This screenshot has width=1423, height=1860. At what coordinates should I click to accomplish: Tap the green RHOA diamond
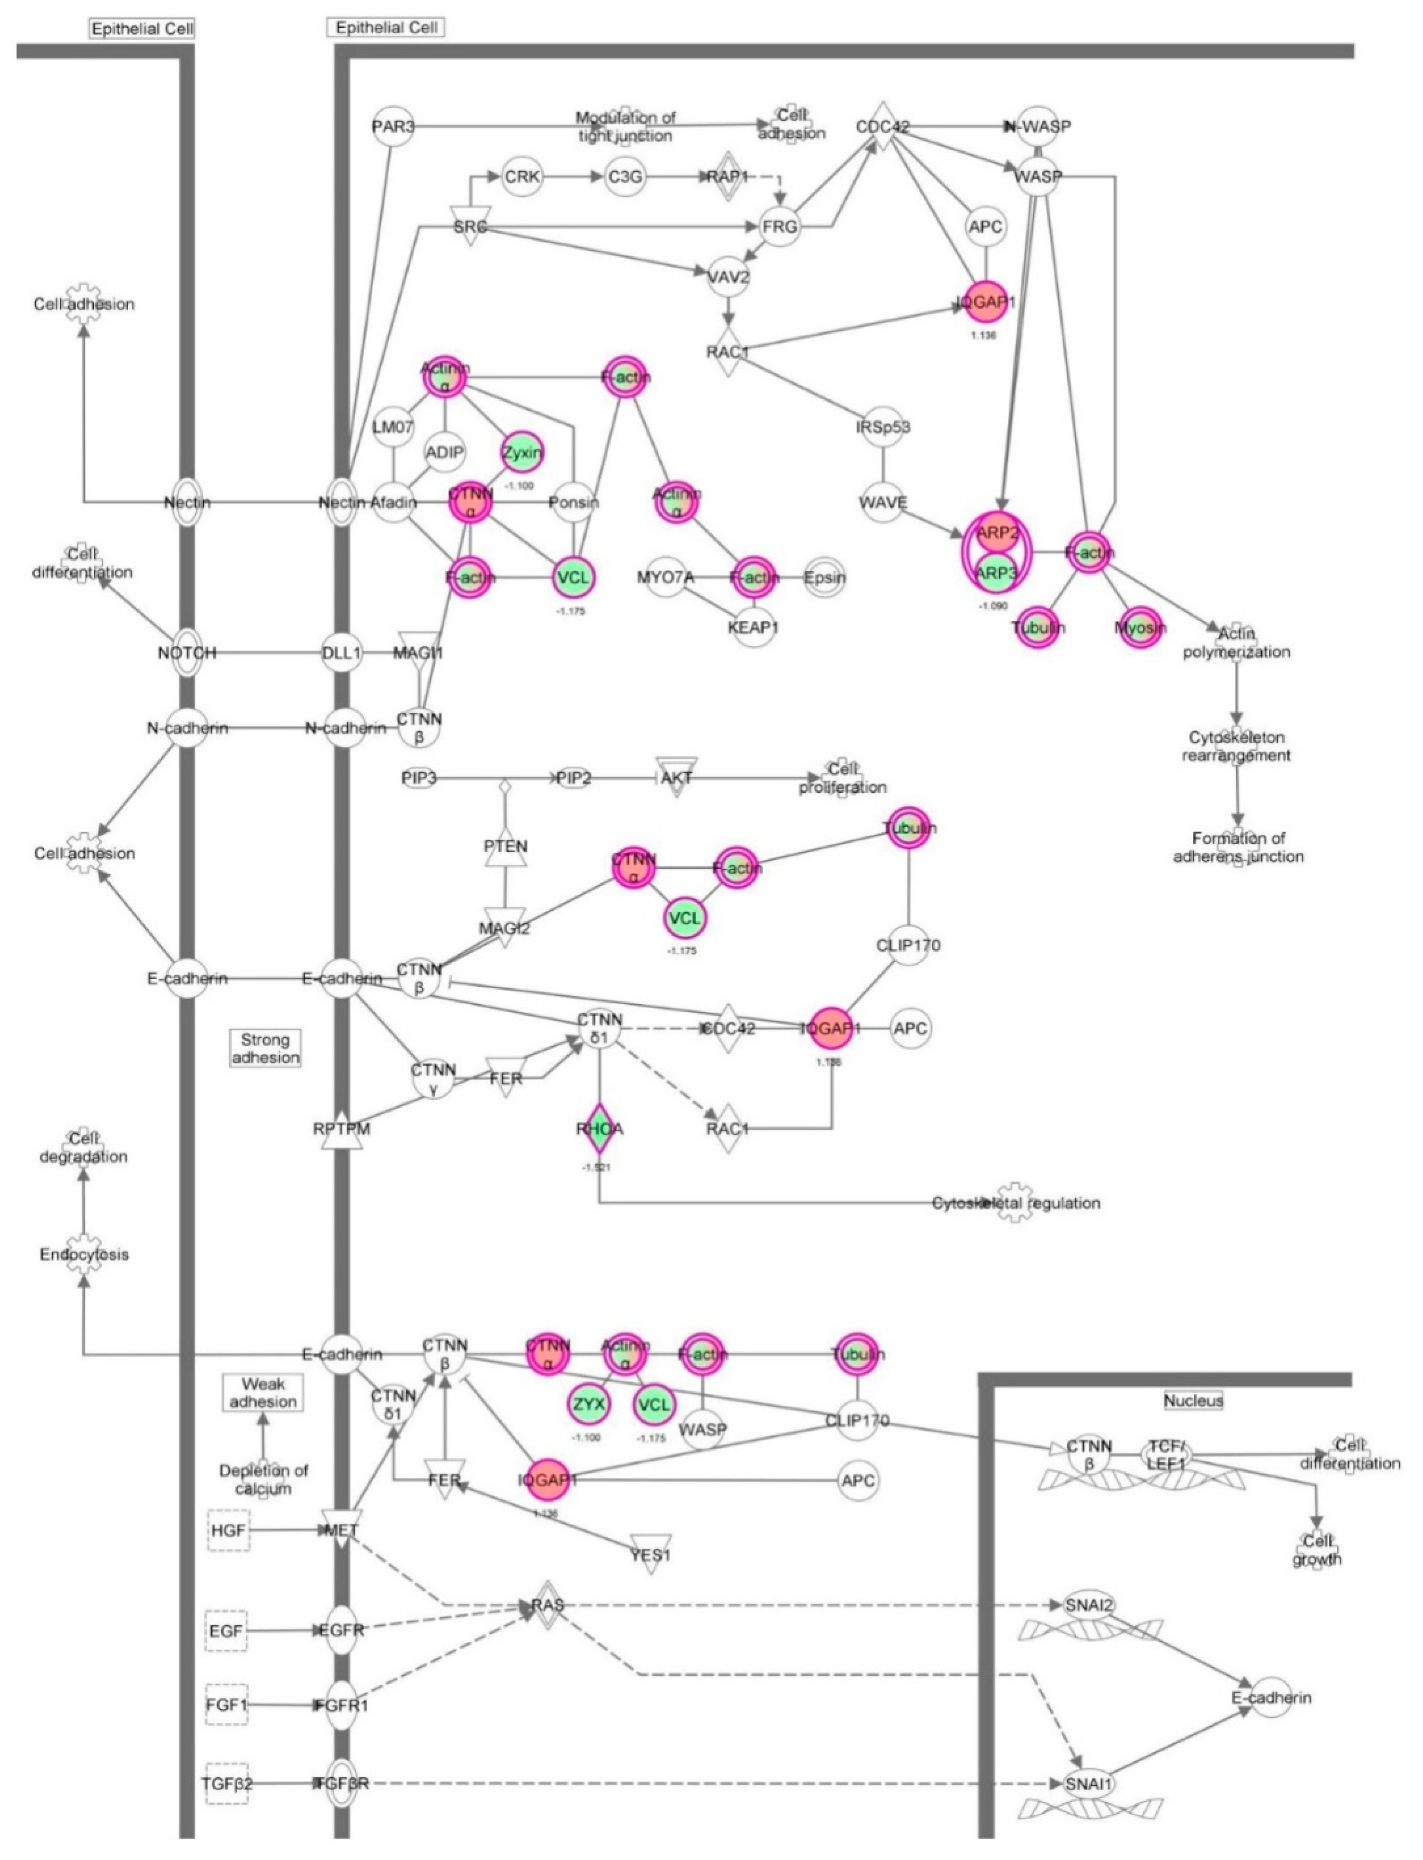[x=599, y=1128]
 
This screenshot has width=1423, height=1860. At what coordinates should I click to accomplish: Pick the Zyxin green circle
[x=522, y=452]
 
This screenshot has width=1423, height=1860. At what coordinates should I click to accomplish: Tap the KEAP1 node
[x=753, y=628]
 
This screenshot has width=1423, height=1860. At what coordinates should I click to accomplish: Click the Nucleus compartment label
[x=1193, y=1400]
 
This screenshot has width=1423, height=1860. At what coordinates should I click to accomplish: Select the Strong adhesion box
[x=265, y=1048]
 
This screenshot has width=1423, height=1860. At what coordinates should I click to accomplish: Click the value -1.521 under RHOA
[x=596, y=1167]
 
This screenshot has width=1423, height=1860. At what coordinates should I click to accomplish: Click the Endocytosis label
[x=84, y=1255]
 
